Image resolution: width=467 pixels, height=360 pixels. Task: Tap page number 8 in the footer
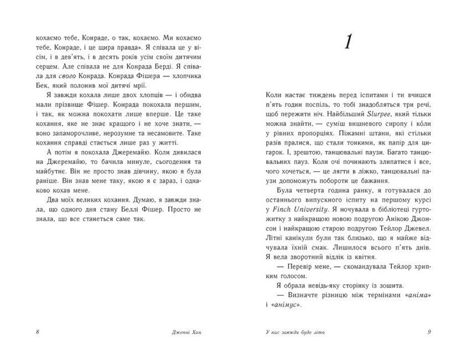(x=37, y=332)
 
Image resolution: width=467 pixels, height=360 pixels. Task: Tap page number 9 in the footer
(x=429, y=332)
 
